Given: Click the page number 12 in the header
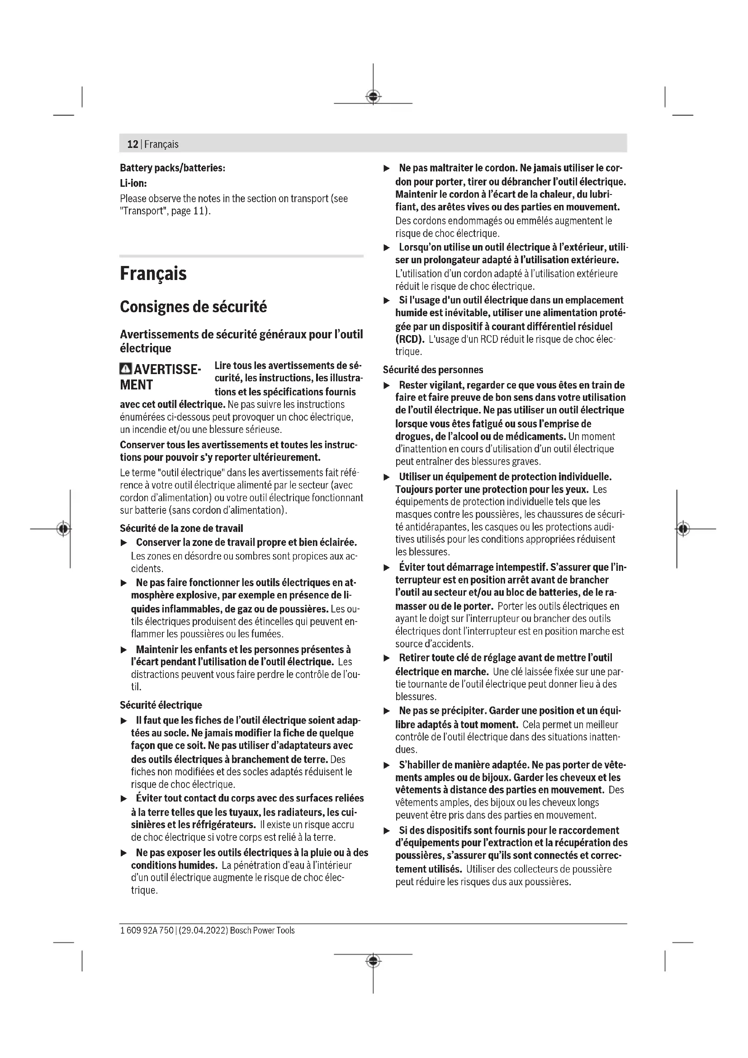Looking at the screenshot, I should click(133, 144).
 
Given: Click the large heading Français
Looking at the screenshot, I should click(153, 274).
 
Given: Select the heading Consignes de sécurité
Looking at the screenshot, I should click(193, 307).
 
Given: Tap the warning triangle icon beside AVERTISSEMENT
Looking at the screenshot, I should click(125, 370).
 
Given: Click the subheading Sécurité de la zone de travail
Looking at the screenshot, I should click(181, 528).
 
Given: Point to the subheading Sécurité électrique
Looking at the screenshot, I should click(161, 705).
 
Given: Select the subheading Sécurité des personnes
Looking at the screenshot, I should click(433, 370).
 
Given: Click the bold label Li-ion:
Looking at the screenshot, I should click(133, 183).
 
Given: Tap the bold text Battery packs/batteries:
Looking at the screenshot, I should click(172, 168).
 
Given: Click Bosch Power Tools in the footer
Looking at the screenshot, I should click(262, 930).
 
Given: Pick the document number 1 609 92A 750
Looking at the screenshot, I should click(147, 930).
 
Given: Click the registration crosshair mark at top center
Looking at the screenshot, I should click(373, 97).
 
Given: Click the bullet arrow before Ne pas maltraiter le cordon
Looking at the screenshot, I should click(387, 169).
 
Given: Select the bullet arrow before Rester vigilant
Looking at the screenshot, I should click(387, 385).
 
